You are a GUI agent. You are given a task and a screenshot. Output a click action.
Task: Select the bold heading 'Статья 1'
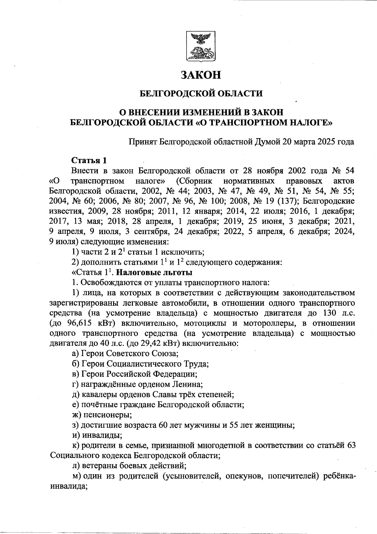[x=89, y=160]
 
